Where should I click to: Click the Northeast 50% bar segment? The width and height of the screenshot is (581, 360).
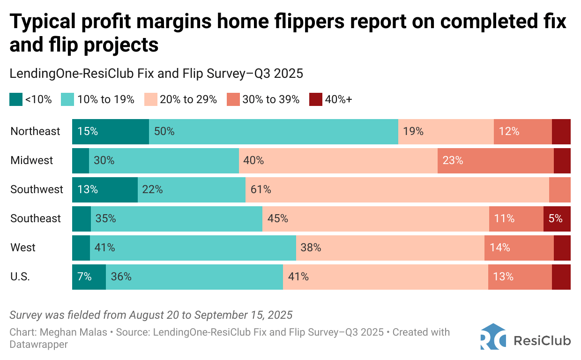pyautogui.click(x=274, y=131)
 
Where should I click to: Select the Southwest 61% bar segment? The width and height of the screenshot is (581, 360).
pyautogui.click(x=397, y=189)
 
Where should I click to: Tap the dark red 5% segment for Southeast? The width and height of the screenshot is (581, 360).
pyautogui.click(x=557, y=218)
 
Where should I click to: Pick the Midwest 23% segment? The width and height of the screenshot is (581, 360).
pyautogui.click(x=495, y=160)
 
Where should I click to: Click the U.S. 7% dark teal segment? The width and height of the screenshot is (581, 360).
pyautogui.click(x=89, y=277)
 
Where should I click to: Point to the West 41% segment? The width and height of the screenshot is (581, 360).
pyautogui.click(x=193, y=247)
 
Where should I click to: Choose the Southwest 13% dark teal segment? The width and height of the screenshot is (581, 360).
pyautogui.click(x=105, y=189)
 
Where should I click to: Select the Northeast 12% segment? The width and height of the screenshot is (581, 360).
pyautogui.click(x=522, y=131)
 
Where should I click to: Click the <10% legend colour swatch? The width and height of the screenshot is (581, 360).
pyautogui.click(x=16, y=99)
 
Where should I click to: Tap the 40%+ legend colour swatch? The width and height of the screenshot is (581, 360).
pyautogui.click(x=316, y=99)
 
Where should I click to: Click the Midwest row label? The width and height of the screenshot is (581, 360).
pyautogui.click(x=32, y=160)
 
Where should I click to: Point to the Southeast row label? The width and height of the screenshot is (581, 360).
pyautogui.click(x=36, y=218)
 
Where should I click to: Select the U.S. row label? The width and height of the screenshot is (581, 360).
pyautogui.click(x=20, y=277)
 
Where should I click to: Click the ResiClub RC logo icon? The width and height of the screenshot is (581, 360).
pyautogui.click(x=492, y=337)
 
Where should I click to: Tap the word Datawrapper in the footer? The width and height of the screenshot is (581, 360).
pyautogui.click(x=38, y=344)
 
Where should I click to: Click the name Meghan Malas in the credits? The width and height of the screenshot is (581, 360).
pyautogui.click(x=66, y=332)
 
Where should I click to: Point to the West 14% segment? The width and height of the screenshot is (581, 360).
pyautogui.click(x=519, y=247)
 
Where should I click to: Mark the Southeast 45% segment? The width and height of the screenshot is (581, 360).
pyautogui.click(x=375, y=218)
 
